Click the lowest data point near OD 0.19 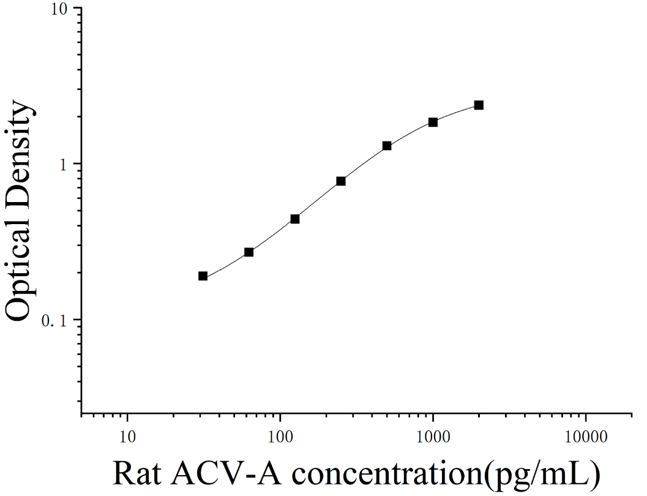pyautogui.click(x=203, y=276)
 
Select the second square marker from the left pyautogui.click(x=249, y=252)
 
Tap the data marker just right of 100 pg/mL pyautogui.click(x=294, y=219)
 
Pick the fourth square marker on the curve pyautogui.click(x=341, y=181)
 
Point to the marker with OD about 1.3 pyautogui.click(x=387, y=146)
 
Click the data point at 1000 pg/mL pyautogui.click(x=433, y=122)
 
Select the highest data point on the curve pyautogui.click(x=479, y=105)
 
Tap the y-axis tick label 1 pyautogui.click(x=63, y=164)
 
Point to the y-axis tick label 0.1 pyautogui.click(x=54, y=320)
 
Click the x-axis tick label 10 pyautogui.click(x=127, y=437)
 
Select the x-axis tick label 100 pyautogui.click(x=280, y=437)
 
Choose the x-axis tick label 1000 pyautogui.click(x=433, y=437)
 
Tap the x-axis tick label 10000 pyautogui.click(x=586, y=437)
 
